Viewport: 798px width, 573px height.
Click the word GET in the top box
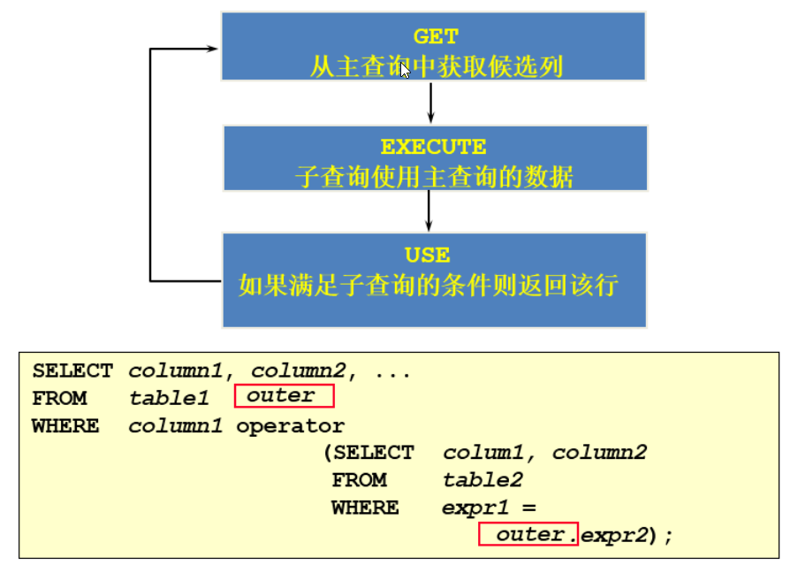coord(436,36)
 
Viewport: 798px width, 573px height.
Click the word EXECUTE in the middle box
coord(433,147)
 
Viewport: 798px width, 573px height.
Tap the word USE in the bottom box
coord(428,255)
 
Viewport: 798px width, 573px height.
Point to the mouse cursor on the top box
coord(405,70)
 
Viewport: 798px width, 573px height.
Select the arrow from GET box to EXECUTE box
coord(430,103)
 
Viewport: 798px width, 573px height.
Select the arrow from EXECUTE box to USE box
coord(429,210)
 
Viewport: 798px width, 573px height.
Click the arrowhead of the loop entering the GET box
coord(212,49)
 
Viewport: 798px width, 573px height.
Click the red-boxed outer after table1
coord(284,396)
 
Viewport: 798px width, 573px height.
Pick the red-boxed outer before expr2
coord(528,534)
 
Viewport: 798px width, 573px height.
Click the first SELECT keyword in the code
coord(72,371)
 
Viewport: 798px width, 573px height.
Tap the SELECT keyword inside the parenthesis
coord(374,452)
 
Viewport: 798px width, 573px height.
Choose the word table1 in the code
coord(169,398)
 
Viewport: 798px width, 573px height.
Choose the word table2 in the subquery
coord(483,480)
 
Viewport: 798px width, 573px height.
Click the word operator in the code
coord(290,426)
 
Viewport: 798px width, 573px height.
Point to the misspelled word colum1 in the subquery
coord(483,452)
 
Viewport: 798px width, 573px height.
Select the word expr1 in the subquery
coord(475,508)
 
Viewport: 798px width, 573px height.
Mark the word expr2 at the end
coord(615,535)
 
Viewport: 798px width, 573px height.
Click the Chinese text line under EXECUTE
coord(434,177)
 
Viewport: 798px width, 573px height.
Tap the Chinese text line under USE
coord(429,285)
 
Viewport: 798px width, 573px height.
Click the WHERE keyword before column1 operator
coord(65,426)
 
